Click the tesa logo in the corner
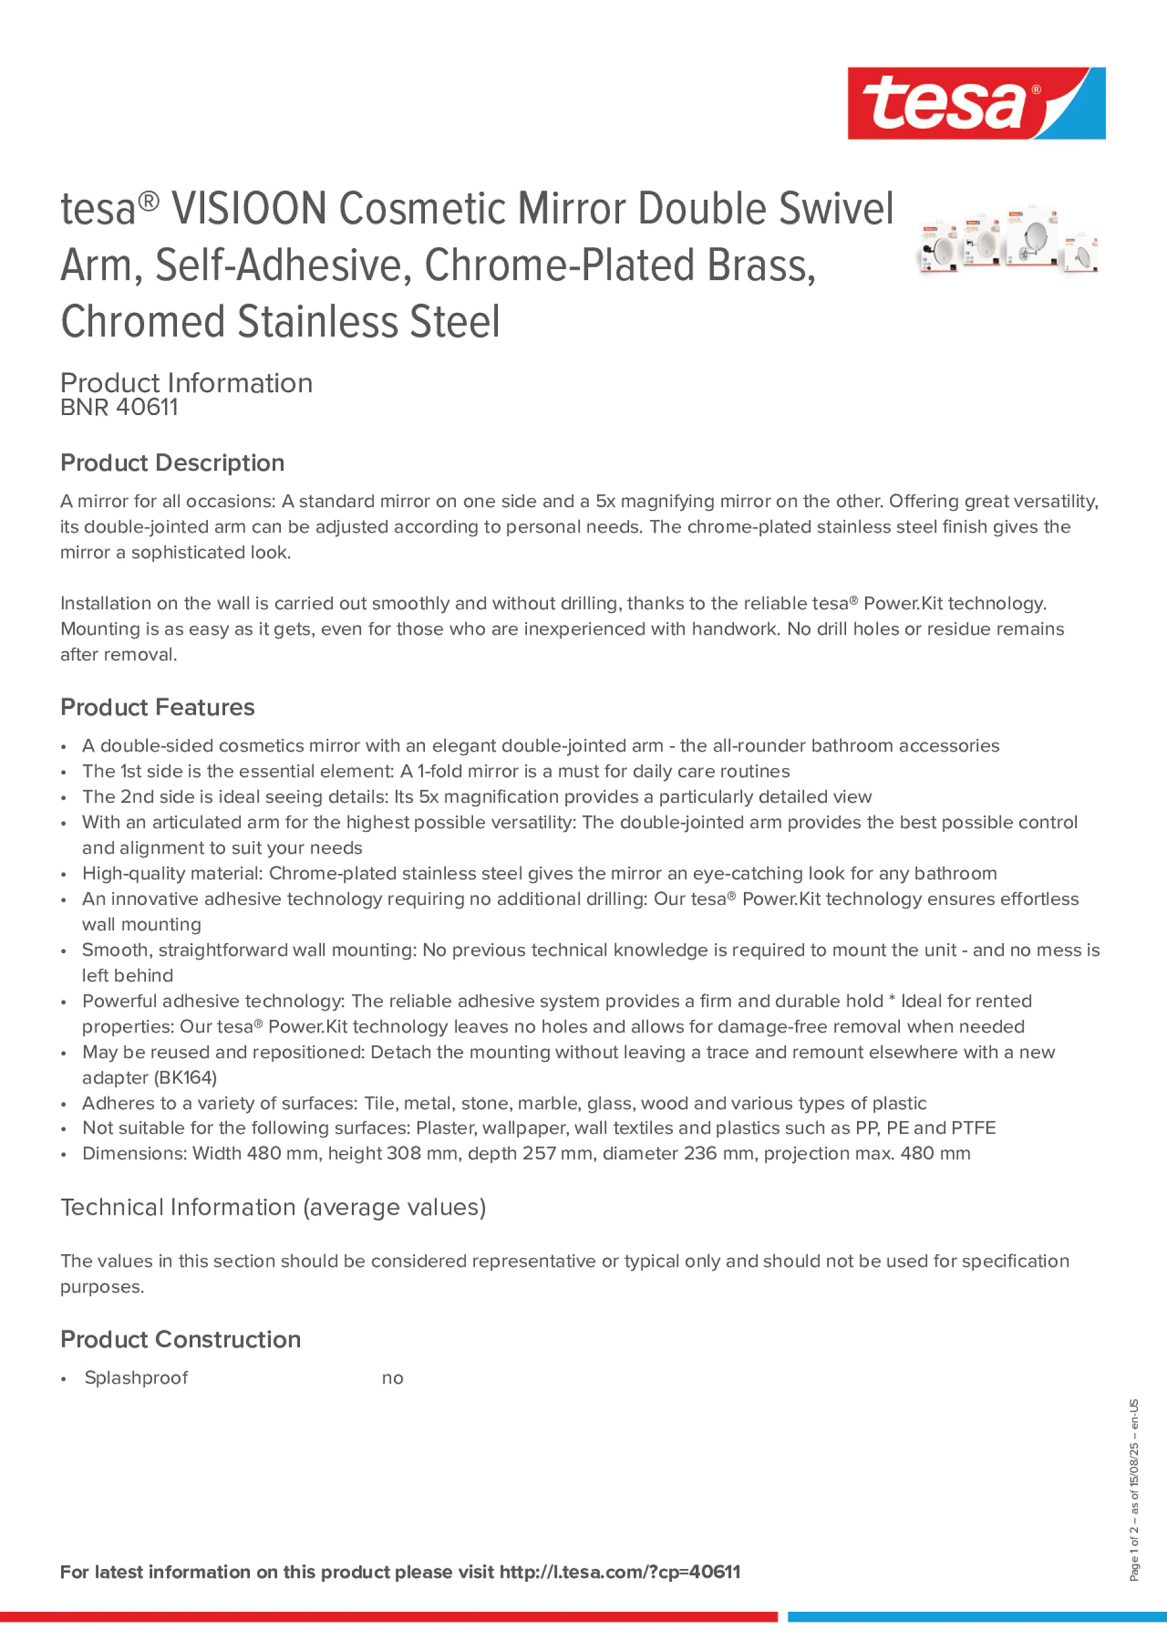[x=976, y=103]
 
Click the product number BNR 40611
[x=119, y=407]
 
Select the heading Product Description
[x=172, y=463]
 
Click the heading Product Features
[x=157, y=708]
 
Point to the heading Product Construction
[x=180, y=1339]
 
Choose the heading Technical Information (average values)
[x=273, y=1207]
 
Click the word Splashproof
[x=136, y=1378]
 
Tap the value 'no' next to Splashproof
[x=392, y=1379]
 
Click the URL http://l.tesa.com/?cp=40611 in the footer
[x=620, y=1572]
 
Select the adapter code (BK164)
[x=185, y=1078]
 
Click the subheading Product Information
[x=186, y=383]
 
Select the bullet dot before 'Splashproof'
[x=64, y=1379]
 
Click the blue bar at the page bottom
[x=977, y=1617]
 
